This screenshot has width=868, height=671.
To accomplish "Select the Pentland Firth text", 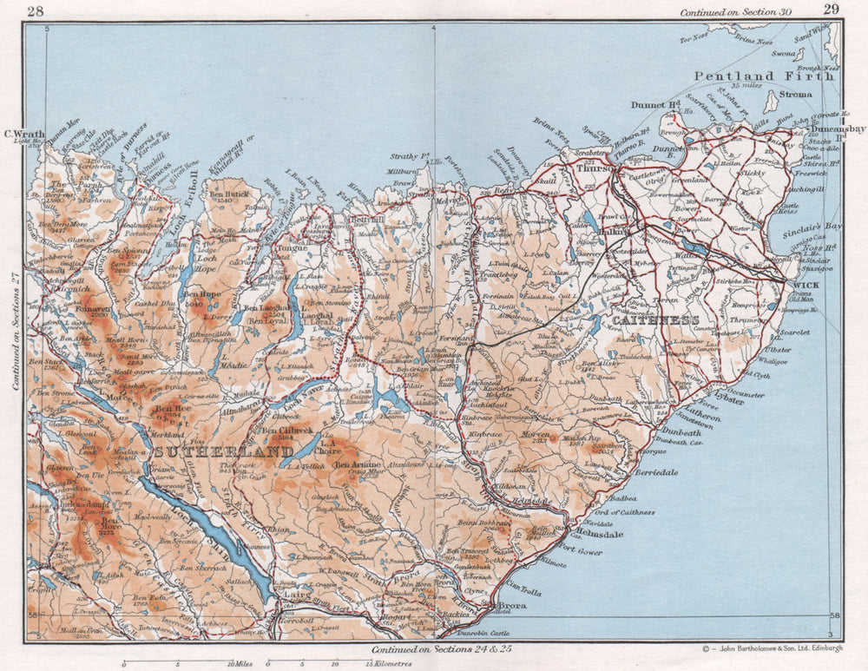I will [764, 76].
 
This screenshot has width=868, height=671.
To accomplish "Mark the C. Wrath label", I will [23, 134].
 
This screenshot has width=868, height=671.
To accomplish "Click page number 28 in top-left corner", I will [36, 11].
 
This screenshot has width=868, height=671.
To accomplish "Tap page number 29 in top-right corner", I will [830, 10].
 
